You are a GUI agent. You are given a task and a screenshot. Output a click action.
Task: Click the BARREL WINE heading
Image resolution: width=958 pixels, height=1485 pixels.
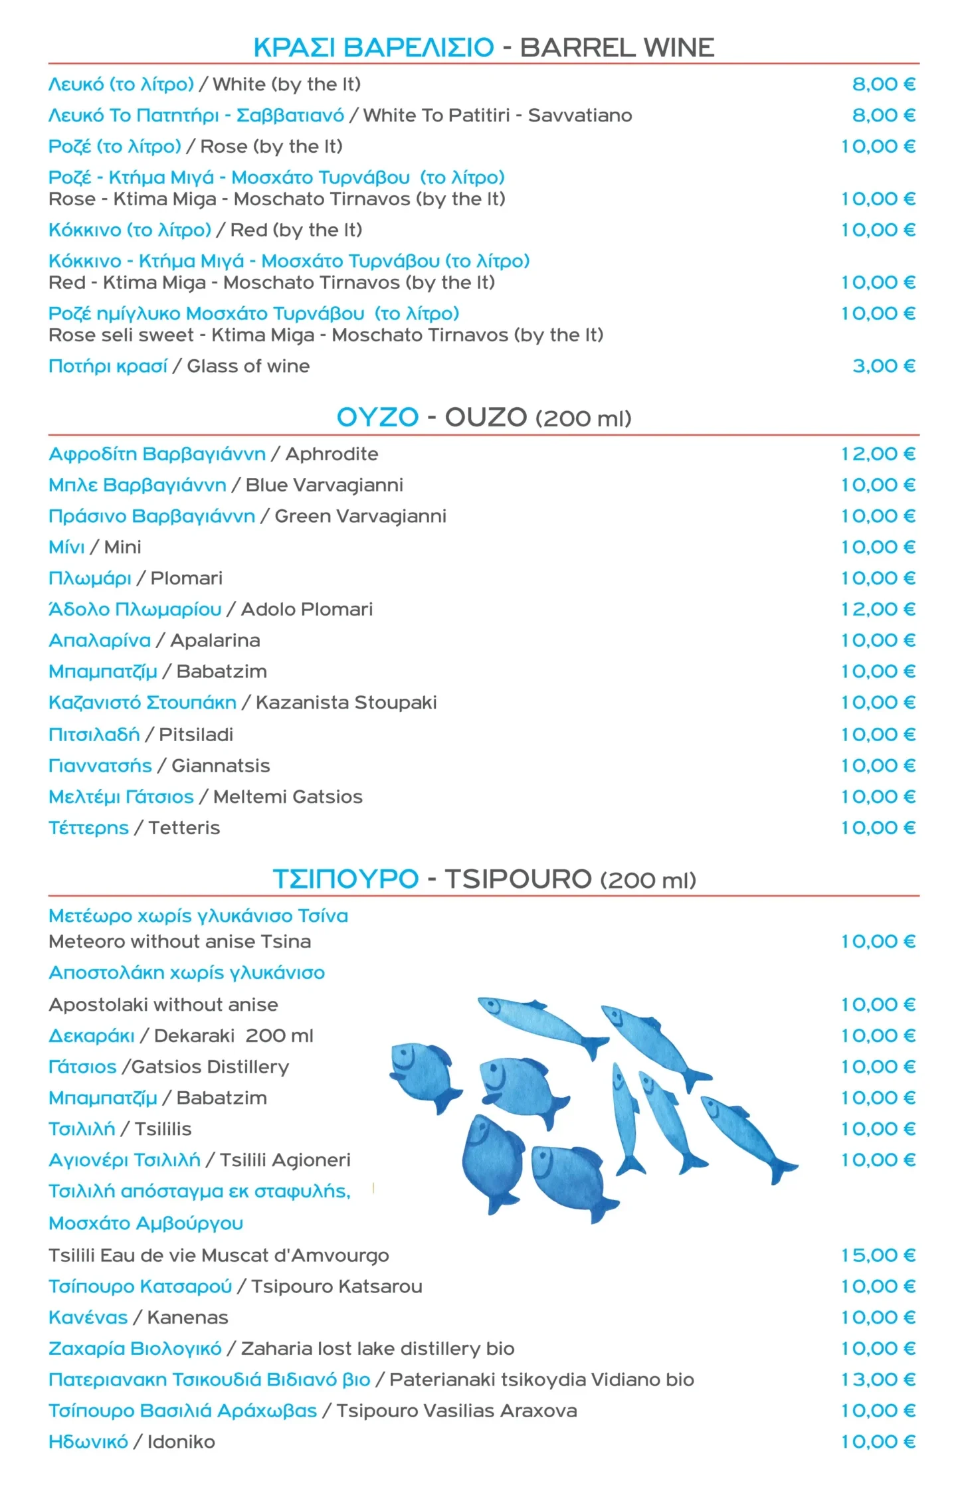[x=617, y=48]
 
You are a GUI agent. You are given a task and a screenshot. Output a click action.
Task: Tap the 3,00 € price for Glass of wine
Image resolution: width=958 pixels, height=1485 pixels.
[x=884, y=366]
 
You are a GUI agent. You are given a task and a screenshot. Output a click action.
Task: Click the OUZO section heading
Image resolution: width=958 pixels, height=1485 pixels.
[x=484, y=418]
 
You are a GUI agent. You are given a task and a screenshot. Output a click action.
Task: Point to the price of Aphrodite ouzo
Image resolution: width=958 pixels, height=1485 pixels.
[x=878, y=454]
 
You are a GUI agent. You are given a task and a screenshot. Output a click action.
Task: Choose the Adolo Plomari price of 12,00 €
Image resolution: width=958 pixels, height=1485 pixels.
[x=878, y=609]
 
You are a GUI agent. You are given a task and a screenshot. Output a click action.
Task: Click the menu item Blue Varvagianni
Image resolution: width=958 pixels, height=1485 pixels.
[x=324, y=485]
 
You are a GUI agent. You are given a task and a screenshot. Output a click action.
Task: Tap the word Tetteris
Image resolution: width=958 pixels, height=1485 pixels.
[x=184, y=828]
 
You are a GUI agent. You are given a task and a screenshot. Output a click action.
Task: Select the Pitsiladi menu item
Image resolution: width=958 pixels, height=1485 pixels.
[x=196, y=735]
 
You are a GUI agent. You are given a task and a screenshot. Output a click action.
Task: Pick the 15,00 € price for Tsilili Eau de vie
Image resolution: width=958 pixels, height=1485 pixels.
[x=878, y=1255]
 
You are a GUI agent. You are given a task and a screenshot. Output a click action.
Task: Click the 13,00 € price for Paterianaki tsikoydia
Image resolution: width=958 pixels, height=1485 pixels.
[x=878, y=1379]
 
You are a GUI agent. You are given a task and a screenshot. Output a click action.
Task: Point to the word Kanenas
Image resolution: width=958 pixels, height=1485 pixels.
[x=187, y=1318]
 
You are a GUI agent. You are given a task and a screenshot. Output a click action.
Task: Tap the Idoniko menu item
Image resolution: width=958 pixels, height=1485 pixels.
[x=181, y=1442]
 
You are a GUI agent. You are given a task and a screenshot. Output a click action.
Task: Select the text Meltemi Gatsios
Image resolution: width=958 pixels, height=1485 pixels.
[x=288, y=797]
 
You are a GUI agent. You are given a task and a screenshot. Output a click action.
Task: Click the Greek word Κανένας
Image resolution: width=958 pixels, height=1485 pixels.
[x=88, y=1318]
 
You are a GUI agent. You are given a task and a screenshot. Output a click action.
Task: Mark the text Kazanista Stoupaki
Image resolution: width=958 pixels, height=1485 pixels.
[x=346, y=703]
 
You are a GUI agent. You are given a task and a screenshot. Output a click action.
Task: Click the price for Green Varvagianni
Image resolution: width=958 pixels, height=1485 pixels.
[x=878, y=516]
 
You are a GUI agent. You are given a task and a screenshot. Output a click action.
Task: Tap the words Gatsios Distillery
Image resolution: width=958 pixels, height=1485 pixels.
[x=210, y=1067]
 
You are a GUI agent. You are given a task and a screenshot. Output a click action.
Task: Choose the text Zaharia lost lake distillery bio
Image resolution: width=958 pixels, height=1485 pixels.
[x=377, y=1349]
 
